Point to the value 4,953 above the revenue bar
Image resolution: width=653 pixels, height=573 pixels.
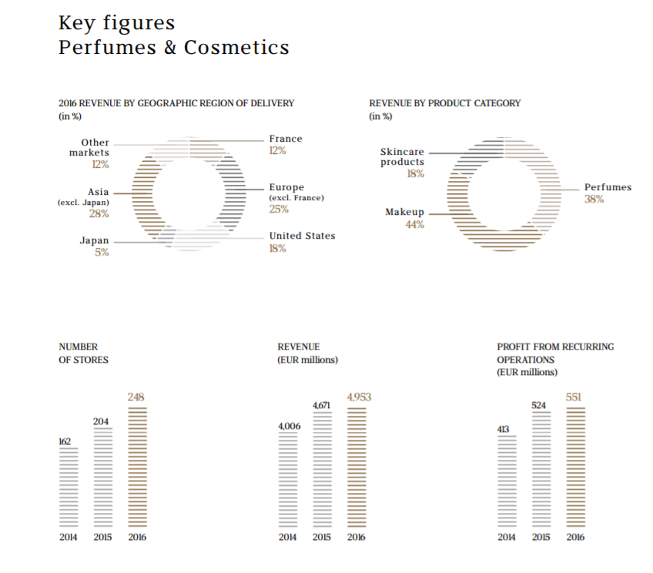tap(360, 397)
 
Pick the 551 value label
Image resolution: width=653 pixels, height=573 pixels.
tap(574, 397)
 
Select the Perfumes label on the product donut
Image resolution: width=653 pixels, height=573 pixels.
tap(608, 187)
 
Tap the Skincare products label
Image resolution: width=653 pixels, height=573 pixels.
tap(402, 157)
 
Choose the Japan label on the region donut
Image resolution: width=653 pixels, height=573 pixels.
tap(95, 240)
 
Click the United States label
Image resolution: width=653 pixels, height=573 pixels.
tap(302, 236)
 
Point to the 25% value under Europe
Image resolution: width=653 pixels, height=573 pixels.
tap(278, 209)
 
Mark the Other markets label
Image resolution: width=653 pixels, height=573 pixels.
tap(95, 148)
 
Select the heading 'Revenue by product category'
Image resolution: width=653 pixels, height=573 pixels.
tap(444, 103)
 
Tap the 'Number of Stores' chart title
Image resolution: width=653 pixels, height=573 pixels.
tap(83, 354)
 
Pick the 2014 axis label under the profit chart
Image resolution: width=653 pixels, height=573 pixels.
tap(507, 537)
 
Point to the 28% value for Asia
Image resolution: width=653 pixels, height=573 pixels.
tap(99, 213)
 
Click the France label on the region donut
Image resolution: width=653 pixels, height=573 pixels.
tap(286, 139)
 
